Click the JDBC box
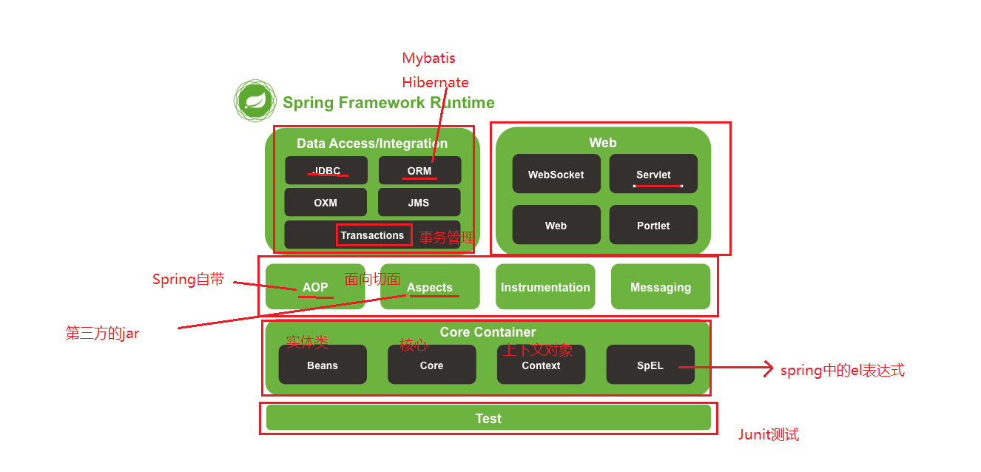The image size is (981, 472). pos(326,170)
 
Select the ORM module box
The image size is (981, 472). pos(419,170)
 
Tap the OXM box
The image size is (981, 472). pos(326,202)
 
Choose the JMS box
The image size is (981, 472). pos(419,202)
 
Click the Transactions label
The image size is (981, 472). pos(373,235)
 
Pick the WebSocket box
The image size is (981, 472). pos(556,175)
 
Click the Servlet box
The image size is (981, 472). pos(653,174)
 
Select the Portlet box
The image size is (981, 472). pos(653,225)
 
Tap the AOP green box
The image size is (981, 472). pos(315,287)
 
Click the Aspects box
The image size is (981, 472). pos(430,287)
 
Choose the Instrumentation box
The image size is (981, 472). pos(545,287)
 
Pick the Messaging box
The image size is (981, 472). pos(661,287)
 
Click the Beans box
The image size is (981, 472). pos(323,365)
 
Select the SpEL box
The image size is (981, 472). pos(650,365)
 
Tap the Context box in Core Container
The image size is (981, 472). pos(541,365)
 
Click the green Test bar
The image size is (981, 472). pos(488,418)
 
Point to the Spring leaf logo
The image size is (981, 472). pos(255,101)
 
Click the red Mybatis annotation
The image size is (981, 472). pos(428,58)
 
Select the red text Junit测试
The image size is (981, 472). pos(768,435)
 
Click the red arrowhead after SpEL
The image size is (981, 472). pos(769,369)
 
